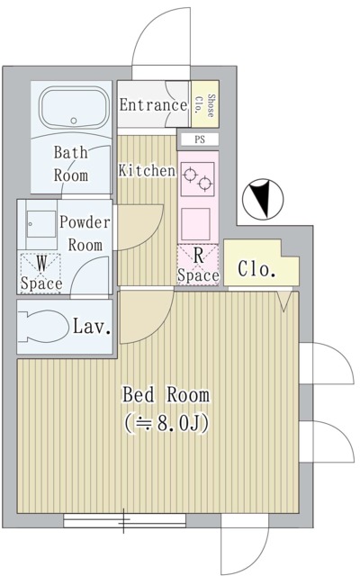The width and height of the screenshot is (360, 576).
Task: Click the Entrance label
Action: pyautogui.click(x=152, y=106)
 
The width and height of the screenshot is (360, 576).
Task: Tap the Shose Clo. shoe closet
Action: pyautogui.click(x=205, y=106)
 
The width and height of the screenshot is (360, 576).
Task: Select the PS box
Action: pyautogui.click(x=200, y=139)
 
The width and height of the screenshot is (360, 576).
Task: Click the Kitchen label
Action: pyautogui.click(x=147, y=169)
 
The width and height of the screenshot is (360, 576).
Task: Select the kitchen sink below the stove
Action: pyautogui.click(x=197, y=220)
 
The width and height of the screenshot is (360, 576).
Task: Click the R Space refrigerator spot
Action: pyautogui.click(x=197, y=264)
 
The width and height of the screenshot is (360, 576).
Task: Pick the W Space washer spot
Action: pyautogui.click(x=41, y=272)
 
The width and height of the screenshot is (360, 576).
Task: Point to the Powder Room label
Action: pyautogui.click(x=85, y=232)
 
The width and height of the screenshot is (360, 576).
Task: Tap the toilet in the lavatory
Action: pyautogui.click(x=45, y=327)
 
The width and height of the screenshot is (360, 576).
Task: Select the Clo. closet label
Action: pyautogui.click(x=256, y=269)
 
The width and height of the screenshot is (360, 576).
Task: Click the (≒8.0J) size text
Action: pyautogui.click(x=166, y=422)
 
